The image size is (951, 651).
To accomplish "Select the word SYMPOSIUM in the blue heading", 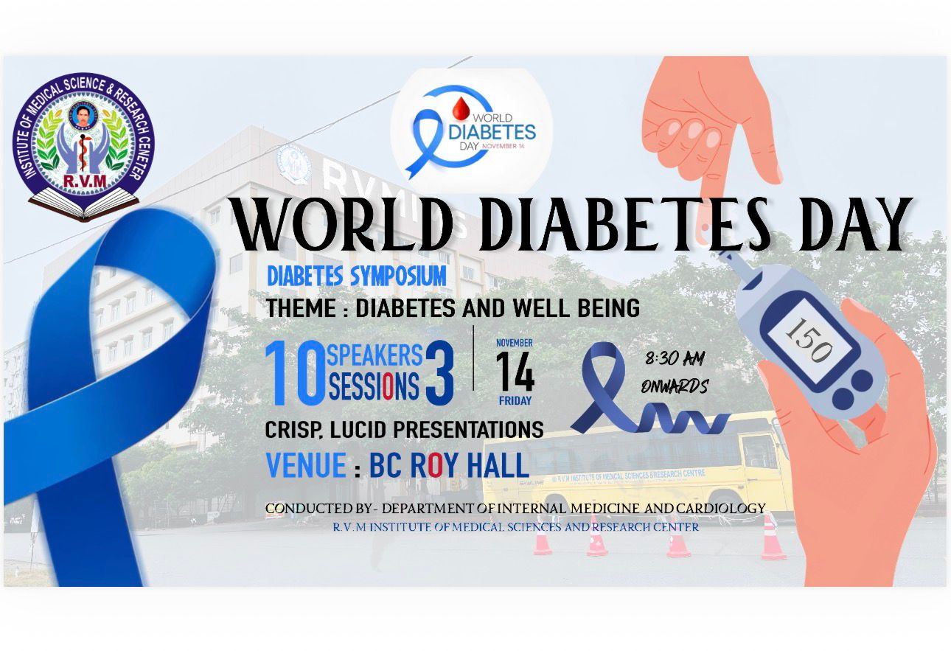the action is pos(398,276).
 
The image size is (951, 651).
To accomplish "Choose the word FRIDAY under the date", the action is pos(515,400).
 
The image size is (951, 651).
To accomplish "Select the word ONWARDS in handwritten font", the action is pos(675,386).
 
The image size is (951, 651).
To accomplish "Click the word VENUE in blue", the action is pos(306,465).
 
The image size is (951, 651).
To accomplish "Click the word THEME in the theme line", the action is pos(301,308).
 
